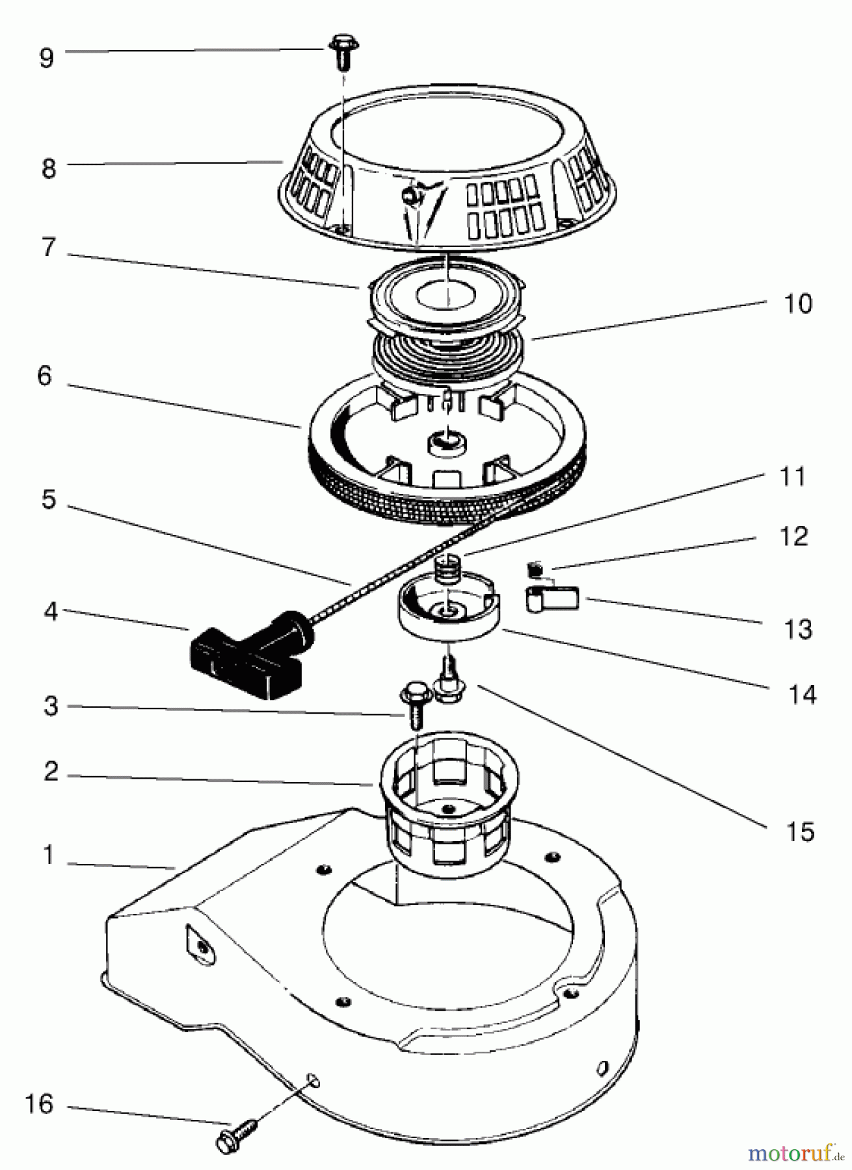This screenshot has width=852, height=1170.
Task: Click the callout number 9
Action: pyautogui.click(x=46, y=58)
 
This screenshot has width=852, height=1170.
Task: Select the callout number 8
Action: pyautogui.click(x=48, y=168)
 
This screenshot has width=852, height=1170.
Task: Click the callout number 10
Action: pyautogui.click(x=797, y=304)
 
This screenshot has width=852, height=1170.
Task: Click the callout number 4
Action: pyautogui.click(x=50, y=612)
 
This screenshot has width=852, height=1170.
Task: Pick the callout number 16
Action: pyautogui.click(x=38, y=1104)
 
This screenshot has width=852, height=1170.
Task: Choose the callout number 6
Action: pyautogui.click(x=44, y=376)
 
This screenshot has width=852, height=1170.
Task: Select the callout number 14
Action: pyautogui.click(x=801, y=695)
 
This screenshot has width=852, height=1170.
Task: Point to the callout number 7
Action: pyautogui.click(x=49, y=248)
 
